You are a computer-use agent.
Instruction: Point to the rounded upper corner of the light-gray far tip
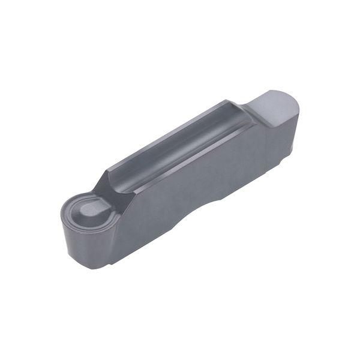[x=294, y=105]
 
